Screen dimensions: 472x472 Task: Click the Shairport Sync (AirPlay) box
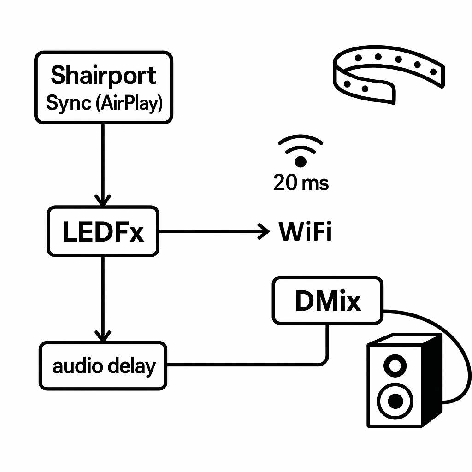pyautogui.click(x=104, y=87)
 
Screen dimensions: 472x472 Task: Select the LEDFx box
pyautogui.click(x=103, y=232)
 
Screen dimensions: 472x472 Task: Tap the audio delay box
pyautogui.click(x=103, y=366)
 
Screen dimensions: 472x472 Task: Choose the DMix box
pyautogui.click(x=327, y=301)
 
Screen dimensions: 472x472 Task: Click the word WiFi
pyautogui.click(x=305, y=232)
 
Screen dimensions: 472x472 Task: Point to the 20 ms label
pyautogui.click(x=301, y=183)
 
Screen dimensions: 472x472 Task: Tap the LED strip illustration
pyautogui.click(x=387, y=74)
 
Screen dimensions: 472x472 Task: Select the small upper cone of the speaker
pyautogui.click(x=395, y=366)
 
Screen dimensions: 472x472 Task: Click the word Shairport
pyautogui.click(x=104, y=75)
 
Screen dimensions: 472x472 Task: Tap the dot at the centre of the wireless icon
pyautogui.click(x=301, y=161)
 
